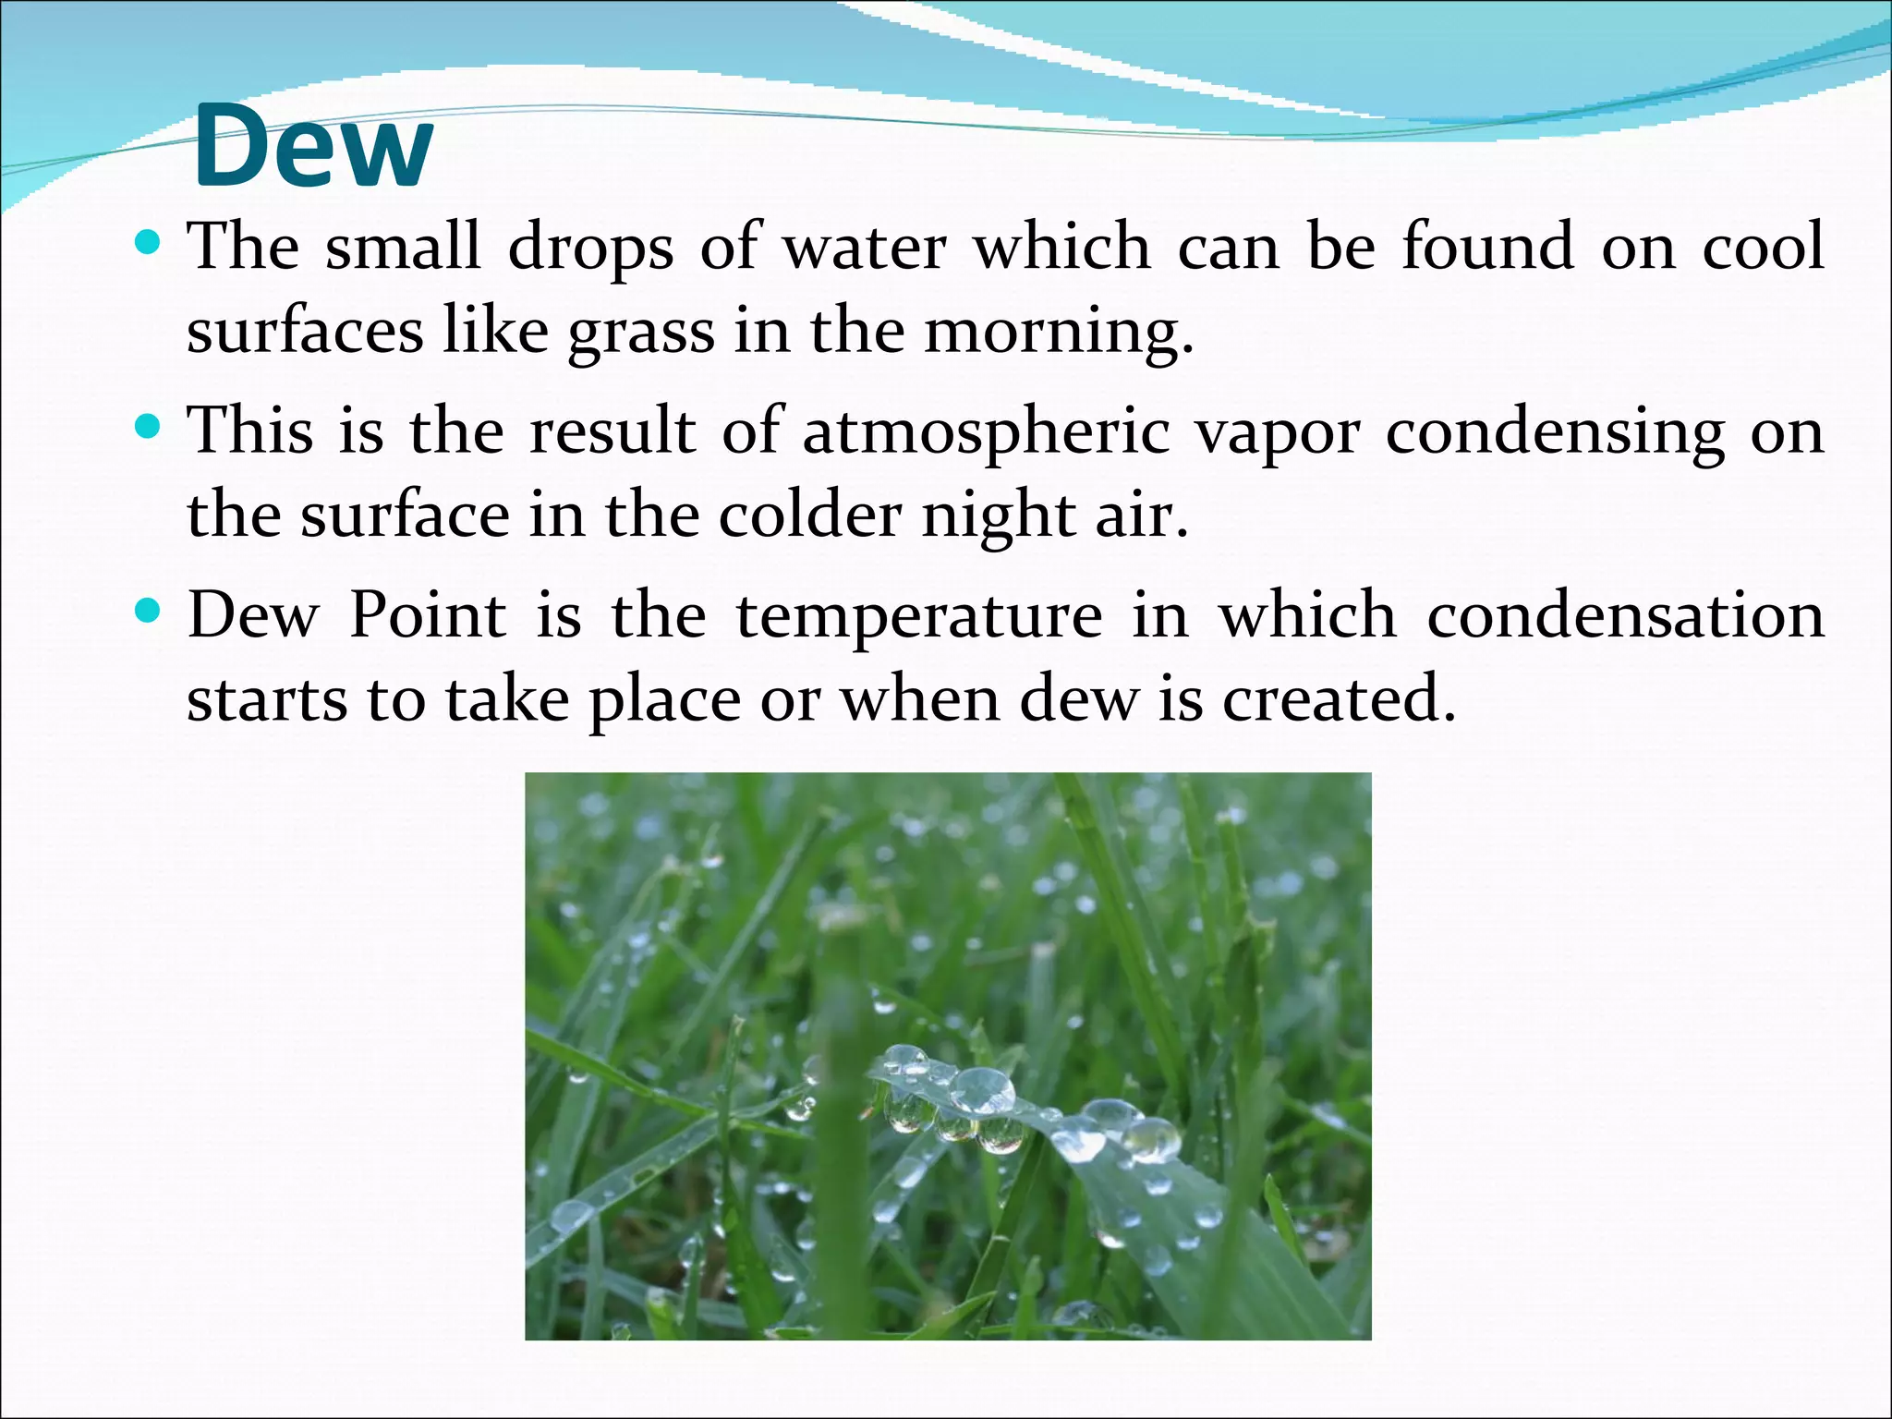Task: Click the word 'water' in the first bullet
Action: [x=865, y=248]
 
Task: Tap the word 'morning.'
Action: [x=1060, y=331]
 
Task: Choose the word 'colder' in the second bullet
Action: [x=809, y=515]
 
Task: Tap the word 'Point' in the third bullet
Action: [x=428, y=615]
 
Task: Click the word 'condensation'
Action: [x=1626, y=615]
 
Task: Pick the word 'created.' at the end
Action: [x=1340, y=699]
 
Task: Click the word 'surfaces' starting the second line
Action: [x=305, y=331]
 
